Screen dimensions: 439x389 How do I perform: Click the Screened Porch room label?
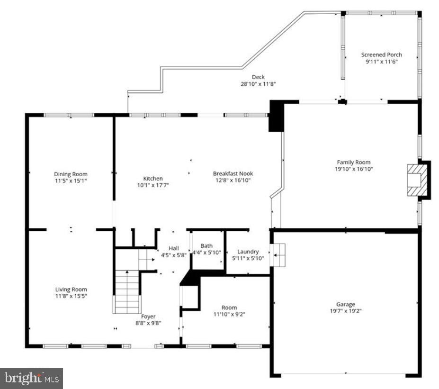coord(381,54)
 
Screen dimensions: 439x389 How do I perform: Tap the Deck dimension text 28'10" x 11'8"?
coord(258,84)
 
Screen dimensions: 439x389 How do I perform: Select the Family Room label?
coord(354,162)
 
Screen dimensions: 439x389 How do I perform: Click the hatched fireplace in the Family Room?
coord(417,180)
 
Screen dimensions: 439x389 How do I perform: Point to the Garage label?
coord(346,304)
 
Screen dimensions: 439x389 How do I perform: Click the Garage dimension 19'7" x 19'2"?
coord(346,311)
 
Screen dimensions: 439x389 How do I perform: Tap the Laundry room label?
coord(248,252)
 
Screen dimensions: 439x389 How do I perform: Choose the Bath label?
coord(206,245)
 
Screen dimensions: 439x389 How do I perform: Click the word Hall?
coord(174,248)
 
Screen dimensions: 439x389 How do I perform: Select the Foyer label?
coord(148,317)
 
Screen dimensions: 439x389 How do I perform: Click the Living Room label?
coord(71,289)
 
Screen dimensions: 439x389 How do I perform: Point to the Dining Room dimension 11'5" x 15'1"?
coord(71,181)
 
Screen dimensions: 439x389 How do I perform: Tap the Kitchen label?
coord(153,179)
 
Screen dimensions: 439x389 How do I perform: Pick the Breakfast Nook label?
coord(233,173)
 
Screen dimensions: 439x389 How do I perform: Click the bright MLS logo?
coord(31,379)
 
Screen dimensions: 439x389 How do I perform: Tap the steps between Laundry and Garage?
coord(278,255)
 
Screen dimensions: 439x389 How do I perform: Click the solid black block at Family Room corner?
coord(277,116)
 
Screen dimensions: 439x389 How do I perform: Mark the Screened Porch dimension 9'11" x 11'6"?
coord(381,62)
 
